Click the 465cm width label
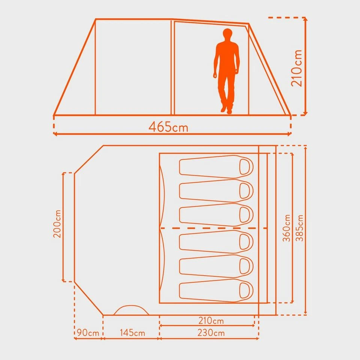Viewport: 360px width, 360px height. pyautogui.click(x=168, y=127)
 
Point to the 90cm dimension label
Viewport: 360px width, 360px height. pyautogui.click(x=88, y=333)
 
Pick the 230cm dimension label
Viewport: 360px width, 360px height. pyautogui.click(x=210, y=333)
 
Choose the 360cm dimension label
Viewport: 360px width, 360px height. pyautogui.click(x=287, y=228)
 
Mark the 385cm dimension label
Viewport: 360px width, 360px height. pyautogui.click(x=300, y=228)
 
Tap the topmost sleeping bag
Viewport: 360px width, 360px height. pyautogui.click(x=216, y=166)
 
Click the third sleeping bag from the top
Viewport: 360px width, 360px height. pyautogui.click(x=216, y=215)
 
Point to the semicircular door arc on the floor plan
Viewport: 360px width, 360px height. pyautogui.click(x=131, y=310)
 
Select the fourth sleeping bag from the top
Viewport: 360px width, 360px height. pyautogui.click(x=216, y=241)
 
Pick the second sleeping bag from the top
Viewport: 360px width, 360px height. pyautogui.click(x=216, y=190)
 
